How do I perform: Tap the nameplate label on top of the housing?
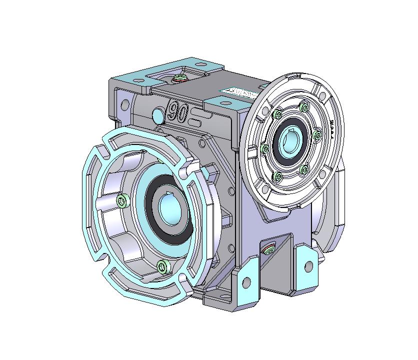[238, 93]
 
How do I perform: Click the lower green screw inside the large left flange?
[161, 266]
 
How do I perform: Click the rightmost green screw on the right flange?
[316, 134]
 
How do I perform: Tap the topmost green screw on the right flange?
[304, 107]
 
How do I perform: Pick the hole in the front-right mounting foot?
[308, 266]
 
